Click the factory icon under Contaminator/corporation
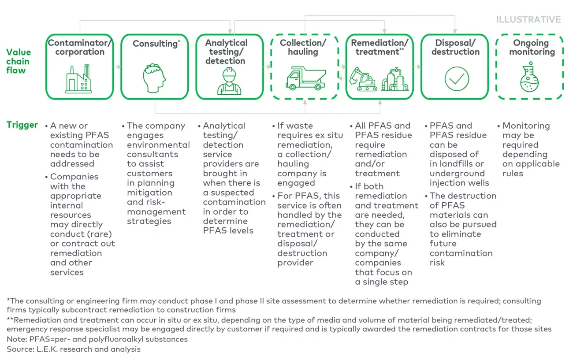(x=78, y=79)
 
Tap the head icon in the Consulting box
(x=154, y=78)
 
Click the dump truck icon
(x=305, y=79)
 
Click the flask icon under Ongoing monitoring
(x=529, y=80)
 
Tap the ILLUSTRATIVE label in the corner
(x=528, y=20)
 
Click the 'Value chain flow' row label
(x=19, y=61)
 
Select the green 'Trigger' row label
(x=22, y=125)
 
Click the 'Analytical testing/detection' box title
(x=226, y=52)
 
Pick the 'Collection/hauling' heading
(x=303, y=47)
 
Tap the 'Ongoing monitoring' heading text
(x=531, y=47)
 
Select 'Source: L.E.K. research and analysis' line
(x=74, y=349)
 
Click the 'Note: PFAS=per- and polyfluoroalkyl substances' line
(x=97, y=339)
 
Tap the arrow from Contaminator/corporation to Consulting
(x=117, y=67)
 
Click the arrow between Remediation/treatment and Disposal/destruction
(x=417, y=67)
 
